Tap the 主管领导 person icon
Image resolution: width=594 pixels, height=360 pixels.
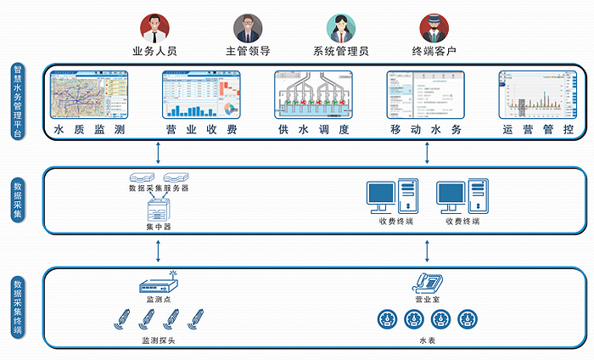click(x=248, y=28)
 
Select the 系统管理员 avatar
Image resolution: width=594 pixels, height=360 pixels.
click(x=339, y=28)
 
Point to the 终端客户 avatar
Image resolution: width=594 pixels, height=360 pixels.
click(x=433, y=28)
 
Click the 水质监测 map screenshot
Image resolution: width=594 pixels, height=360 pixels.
click(x=88, y=94)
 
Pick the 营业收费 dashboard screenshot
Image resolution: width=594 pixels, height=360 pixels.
click(x=201, y=94)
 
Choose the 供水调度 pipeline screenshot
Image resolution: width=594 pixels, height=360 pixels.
click(x=313, y=94)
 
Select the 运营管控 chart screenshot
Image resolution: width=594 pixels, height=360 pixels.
click(x=538, y=94)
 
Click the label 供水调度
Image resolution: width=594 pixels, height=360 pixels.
click(x=313, y=131)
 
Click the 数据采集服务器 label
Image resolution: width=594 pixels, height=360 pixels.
click(x=159, y=188)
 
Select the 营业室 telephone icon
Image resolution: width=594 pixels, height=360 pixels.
click(x=426, y=284)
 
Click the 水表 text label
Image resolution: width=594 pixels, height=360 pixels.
click(x=426, y=340)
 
